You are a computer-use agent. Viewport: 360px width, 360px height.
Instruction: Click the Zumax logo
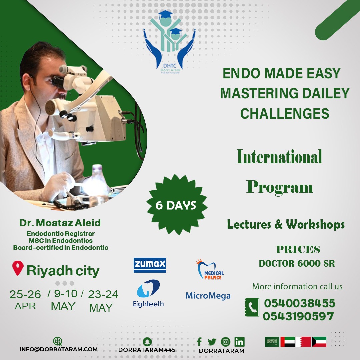(150, 265)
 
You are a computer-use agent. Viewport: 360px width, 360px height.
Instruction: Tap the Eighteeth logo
(148, 293)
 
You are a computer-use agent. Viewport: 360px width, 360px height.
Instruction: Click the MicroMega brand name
(208, 296)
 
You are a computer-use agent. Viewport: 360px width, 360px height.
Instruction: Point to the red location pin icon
(18, 269)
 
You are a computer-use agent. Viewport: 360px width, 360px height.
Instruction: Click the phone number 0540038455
(299, 303)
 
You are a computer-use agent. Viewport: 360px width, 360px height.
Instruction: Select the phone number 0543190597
(298, 316)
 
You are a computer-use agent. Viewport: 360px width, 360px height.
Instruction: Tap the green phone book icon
(252, 307)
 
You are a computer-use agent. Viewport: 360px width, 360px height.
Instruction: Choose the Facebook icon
(199, 342)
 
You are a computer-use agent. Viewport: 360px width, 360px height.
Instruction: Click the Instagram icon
(226, 342)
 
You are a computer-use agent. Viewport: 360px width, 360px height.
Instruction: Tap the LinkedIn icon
(239, 342)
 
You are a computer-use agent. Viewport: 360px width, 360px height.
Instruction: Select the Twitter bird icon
(212, 342)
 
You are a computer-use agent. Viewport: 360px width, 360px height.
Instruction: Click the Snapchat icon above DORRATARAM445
(147, 342)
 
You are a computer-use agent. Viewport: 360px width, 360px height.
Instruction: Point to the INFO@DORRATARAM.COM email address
(59, 349)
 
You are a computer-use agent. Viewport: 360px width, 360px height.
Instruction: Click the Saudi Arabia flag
(272, 342)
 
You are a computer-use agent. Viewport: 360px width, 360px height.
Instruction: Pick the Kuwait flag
(319, 342)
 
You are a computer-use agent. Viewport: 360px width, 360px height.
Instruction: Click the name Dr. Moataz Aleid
(60, 223)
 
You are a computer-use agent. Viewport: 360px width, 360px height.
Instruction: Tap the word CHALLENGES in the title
(285, 113)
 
